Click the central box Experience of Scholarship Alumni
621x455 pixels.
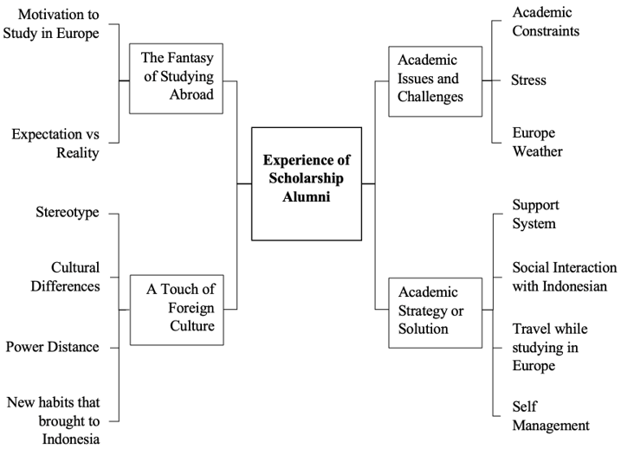(x=306, y=183)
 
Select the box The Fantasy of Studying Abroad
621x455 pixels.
(x=176, y=79)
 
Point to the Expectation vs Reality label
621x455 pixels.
(x=55, y=144)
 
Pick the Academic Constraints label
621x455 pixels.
(x=546, y=22)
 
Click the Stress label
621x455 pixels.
(x=529, y=80)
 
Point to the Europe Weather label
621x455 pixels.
(x=537, y=143)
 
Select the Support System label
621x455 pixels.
(x=535, y=215)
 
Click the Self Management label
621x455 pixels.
(x=551, y=416)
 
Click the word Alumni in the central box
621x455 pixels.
(x=306, y=197)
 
